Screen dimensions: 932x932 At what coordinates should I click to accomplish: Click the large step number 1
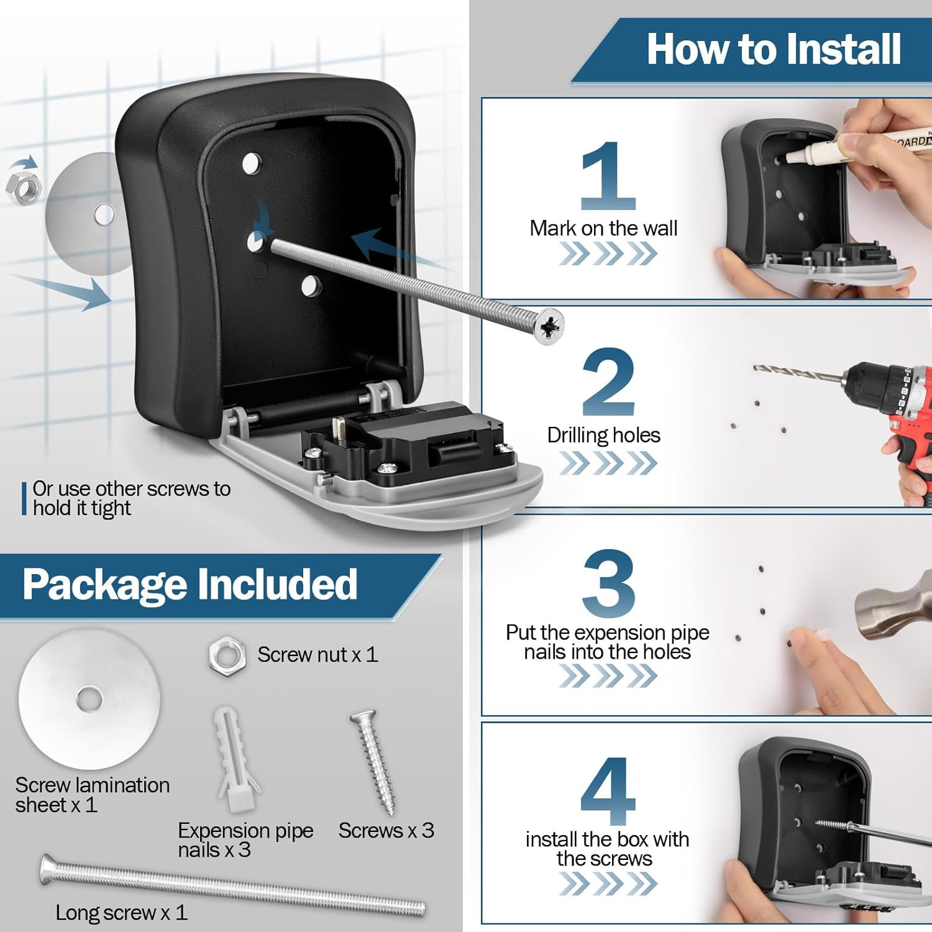click(x=608, y=176)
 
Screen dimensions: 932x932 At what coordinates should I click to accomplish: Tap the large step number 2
click(x=608, y=382)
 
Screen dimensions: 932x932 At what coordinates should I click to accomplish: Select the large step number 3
click(x=608, y=583)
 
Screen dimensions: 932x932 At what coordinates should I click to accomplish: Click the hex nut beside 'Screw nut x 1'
click(x=227, y=656)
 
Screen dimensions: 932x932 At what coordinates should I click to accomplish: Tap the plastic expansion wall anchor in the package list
click(x=235, y=759)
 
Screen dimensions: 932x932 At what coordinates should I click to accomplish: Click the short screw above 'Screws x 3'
click(x=374, y=762)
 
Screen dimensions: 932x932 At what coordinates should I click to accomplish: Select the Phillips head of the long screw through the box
click(x=548, y=326)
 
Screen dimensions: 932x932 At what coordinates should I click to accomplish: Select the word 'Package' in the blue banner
click(x=104, y=585)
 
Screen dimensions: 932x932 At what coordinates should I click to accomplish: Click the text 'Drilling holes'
click(x=603, y=435)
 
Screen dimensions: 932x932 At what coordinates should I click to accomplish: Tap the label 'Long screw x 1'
click(x=121, y=912)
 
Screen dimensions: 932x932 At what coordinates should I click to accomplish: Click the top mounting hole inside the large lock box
click(x=252, y=164)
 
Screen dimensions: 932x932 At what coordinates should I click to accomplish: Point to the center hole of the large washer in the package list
click(x=89, y=699)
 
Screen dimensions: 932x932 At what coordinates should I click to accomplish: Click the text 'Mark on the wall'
click(x=603, y=228)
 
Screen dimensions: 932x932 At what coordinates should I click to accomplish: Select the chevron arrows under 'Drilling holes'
click(x=608, y=463)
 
